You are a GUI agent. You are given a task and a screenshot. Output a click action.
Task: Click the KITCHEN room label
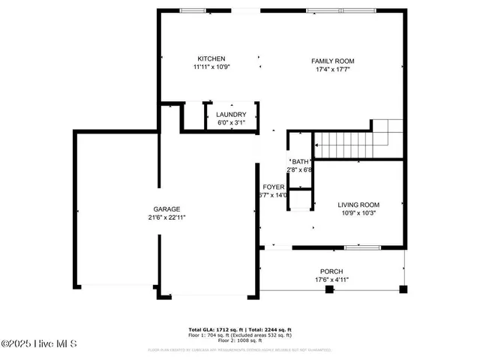211,58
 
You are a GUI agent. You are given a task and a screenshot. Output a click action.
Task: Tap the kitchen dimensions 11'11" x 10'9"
211,67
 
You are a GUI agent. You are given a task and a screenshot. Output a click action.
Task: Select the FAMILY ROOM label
333,61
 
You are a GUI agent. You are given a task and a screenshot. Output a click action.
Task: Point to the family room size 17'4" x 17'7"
333,69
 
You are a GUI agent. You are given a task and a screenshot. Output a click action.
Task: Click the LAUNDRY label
231,114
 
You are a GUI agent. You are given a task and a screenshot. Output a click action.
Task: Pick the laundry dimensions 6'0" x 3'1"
231,122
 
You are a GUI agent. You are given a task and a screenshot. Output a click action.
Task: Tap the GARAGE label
166,209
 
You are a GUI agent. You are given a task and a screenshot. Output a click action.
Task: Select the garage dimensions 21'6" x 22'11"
166,217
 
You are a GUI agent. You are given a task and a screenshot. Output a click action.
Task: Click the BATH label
300,162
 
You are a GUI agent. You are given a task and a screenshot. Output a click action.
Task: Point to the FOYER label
273,187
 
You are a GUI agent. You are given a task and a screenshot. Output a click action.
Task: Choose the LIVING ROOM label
358,205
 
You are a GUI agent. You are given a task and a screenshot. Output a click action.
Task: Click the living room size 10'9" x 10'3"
358,213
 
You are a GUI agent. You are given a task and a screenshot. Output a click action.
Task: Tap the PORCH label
331,271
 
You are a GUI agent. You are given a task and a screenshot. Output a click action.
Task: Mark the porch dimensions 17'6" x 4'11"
331,280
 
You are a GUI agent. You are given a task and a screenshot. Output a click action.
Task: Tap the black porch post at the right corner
403,289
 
